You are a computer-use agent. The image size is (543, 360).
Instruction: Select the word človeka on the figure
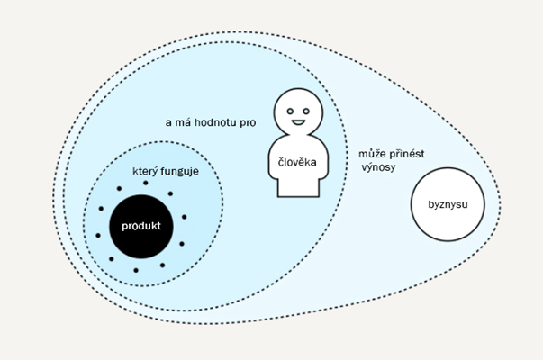point(295,163)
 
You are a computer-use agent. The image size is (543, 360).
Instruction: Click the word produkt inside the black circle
point(141,227)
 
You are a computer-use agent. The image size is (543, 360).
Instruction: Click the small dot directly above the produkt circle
point(141,184)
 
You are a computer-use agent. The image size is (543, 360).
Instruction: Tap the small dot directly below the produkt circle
point(136,270)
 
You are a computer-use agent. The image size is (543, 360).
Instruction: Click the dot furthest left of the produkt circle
point(99,235)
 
